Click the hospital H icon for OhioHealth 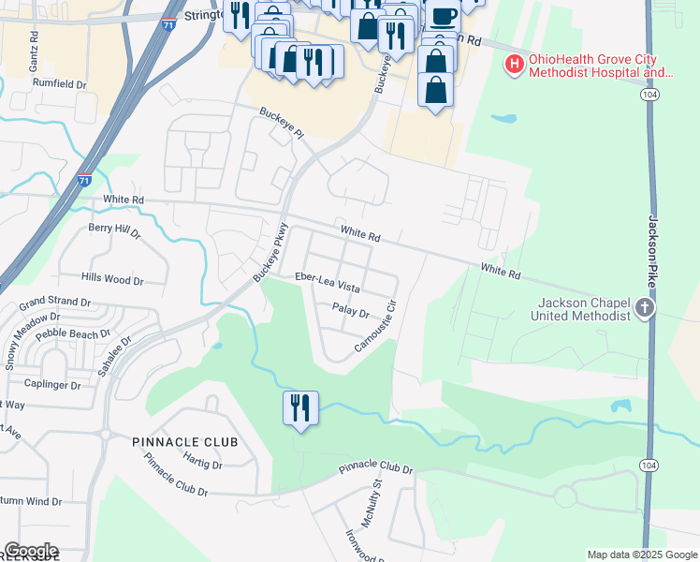[514, 65]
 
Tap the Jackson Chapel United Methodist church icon [644, 308]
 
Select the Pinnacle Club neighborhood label [184, 441]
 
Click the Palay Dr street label [351, 311]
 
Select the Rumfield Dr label [60, 82]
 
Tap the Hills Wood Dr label [112, 279]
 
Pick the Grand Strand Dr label [55, 303]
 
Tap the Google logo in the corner [31, 551]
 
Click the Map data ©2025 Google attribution [641, 555]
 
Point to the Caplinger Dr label [53, 384]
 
